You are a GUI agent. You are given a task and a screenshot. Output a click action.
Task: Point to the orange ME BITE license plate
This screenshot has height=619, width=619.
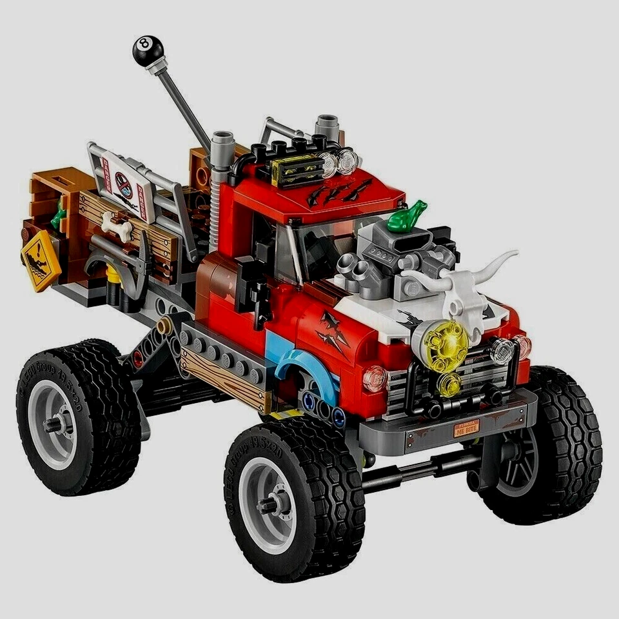tap(466, 428)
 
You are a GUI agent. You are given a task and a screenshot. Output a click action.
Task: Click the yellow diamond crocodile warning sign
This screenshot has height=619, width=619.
tap(41, 260)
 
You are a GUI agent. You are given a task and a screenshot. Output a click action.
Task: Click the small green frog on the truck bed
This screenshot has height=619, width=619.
tap(60, 215)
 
